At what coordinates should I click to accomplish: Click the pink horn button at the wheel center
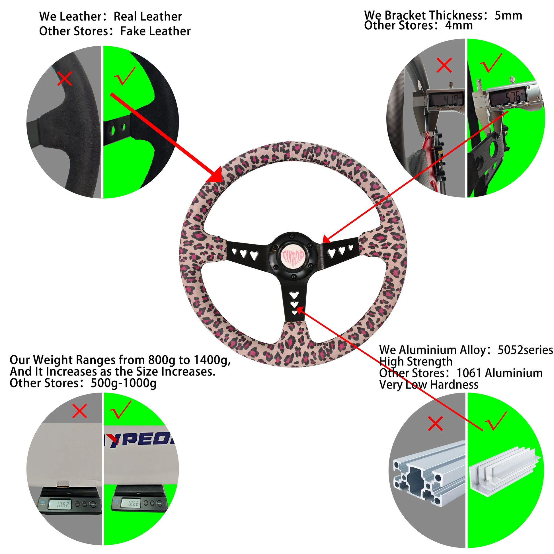click(x=293, y=256)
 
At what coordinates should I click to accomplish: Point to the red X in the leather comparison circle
click(x=65, y=79)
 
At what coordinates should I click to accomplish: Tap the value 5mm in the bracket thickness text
click(x=508, y=15)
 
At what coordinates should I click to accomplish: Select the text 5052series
click(x=525, y=350)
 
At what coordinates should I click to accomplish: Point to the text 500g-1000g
click(x=123, y=383)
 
